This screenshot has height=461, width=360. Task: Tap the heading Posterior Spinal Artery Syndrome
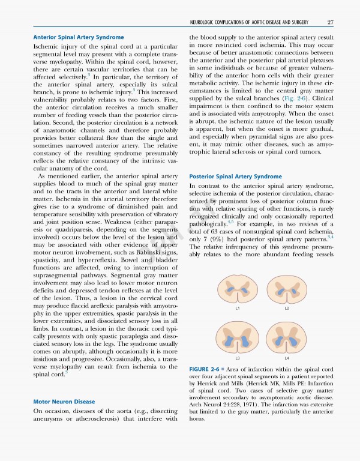click(235, 176)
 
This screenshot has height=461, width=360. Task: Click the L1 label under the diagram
click(238, 309)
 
